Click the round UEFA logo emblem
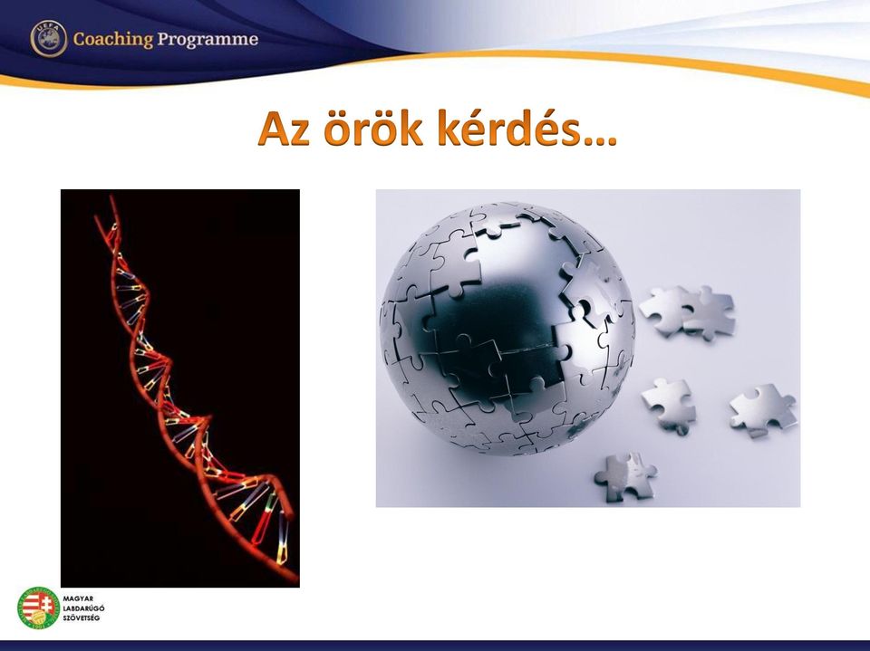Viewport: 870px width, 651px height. pyautogui.click(x=49, y=39)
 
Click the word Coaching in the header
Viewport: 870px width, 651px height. pyautogui.click(x=112, y=39)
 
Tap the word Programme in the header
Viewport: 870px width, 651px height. pyautogui.click(x=208, y=40)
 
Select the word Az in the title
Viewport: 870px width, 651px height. pyautogui.click(x=284, y=129)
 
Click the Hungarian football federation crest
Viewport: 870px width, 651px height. pyautogui.click(x=38, y=608)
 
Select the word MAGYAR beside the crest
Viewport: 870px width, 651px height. pyautogui.click(x=78, y=598)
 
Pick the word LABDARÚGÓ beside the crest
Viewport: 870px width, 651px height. pyautogui.click(x=83, y=608)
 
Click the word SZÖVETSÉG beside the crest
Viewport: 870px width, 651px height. pyautogui.click(x=82, y=617)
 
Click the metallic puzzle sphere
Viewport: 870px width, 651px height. pyautogui.click(x=507, y=329)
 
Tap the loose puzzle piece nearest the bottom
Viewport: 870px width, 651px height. pyautogui.click(x=625, y=476)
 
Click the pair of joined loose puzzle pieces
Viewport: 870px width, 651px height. pyautogui.click(x=688, y=312)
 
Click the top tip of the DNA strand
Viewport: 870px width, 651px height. pyautogui.click(x=111, y=196)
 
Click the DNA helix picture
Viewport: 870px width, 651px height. pyautogui.click(x=179, y=388)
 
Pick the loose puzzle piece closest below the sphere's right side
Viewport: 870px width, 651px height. pyautogui.click(x=669, y=406)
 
